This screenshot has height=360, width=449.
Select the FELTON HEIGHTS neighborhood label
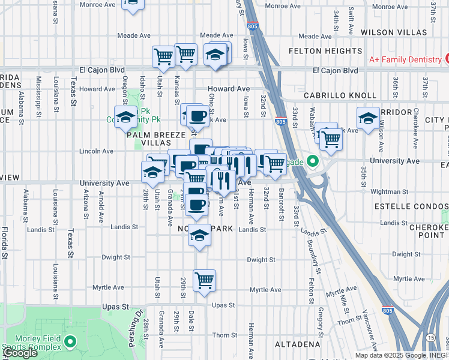coord(326,51)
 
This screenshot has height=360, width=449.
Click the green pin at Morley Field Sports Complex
coord(71,342)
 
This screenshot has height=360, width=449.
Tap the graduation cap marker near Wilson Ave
coord(367,118)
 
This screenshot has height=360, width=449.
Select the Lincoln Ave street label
coord(100,151)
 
